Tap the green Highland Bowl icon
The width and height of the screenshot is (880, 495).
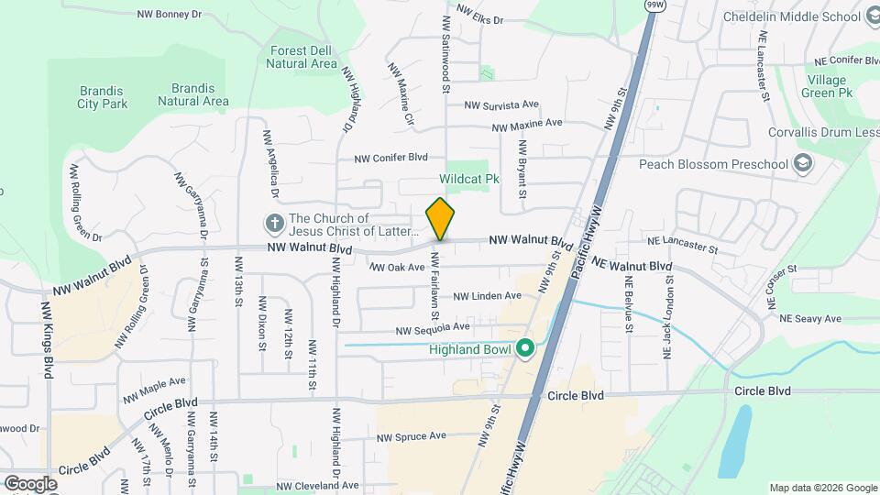[525, 348]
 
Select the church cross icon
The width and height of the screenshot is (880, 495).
[273, 223]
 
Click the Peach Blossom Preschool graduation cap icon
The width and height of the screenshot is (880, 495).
[803, 164]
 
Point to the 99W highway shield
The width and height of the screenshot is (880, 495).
[654, 5]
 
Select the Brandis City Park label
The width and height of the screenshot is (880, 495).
[102, 98]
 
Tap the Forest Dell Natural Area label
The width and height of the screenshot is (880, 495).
[302, 58]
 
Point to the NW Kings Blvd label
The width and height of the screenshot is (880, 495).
[47, 339]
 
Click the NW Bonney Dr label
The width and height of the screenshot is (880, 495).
[170, 15]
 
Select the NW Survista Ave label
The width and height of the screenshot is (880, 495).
[500, 105]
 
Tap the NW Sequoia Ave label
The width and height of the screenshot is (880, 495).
[433, 327]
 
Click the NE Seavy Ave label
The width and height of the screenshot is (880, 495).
[809, 319]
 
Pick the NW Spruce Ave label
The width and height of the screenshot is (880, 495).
[412, 436]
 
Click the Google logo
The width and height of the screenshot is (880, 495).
[30, 483]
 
